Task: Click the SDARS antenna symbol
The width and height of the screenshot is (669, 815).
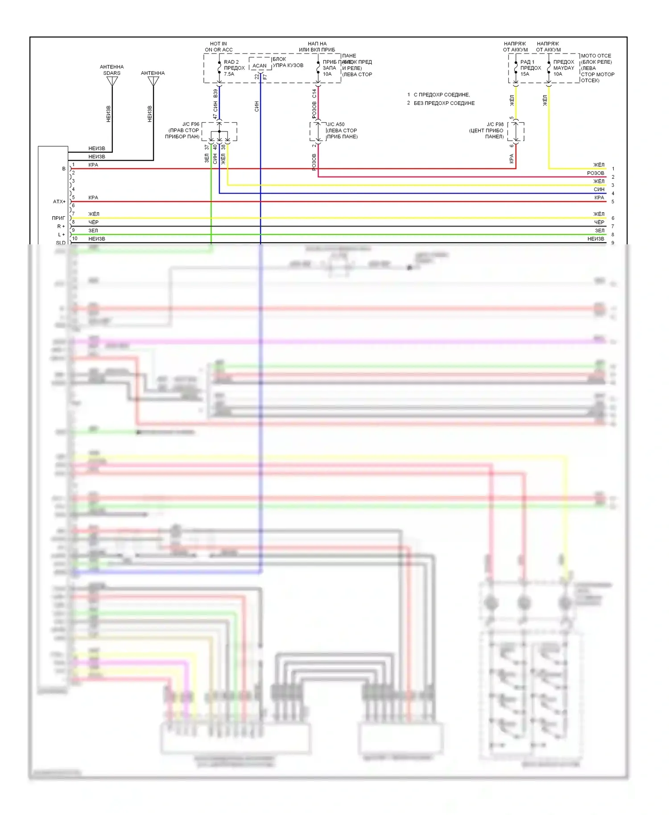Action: tap(112, 81)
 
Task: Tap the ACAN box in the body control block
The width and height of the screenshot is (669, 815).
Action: tap(259, 66)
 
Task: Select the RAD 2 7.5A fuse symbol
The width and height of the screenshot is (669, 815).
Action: tap(219, 68)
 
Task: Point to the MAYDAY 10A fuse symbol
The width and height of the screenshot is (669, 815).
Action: tap(549, 68)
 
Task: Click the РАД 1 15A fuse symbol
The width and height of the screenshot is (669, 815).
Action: tap(516, 68)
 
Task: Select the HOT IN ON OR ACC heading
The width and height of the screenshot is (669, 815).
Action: tap(219, 47)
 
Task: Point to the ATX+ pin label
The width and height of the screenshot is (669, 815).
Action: tap(59, 202)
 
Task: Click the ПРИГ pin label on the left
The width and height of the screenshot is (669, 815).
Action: tap(58, 218)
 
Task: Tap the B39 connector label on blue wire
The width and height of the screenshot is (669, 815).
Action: tap(215, 93)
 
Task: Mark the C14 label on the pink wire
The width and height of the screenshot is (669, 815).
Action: tap(314, 93)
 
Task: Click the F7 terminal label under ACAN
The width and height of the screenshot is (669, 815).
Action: tap(265, 77)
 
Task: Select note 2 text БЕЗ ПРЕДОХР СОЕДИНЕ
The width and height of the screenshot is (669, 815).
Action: tap(444, 103)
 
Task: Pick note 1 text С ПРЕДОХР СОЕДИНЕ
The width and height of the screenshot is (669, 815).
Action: tap(442, 95)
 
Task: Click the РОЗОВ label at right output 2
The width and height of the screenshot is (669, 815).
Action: tap(595, 173)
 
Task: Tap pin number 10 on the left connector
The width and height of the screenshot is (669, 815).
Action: tap(74, 239)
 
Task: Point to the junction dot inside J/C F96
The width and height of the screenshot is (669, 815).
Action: tap(219, 132)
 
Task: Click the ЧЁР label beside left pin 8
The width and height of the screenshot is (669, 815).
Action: tap(93, 222)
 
